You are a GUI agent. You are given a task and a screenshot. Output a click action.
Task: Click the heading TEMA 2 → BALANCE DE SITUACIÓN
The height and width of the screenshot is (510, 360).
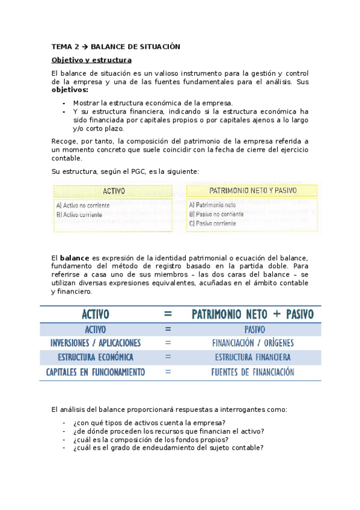point(116,46)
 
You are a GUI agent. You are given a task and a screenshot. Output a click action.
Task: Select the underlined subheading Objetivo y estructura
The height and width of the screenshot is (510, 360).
point(91,60)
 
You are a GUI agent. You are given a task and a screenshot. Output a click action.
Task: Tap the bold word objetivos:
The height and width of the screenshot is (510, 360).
point(70,90)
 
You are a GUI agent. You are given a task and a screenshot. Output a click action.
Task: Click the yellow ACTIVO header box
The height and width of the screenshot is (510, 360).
point(114,191)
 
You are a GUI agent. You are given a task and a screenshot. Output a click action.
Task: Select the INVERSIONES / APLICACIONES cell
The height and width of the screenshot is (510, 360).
point(96,343)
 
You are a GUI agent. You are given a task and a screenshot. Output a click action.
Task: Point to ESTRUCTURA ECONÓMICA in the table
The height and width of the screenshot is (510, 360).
point(96,357)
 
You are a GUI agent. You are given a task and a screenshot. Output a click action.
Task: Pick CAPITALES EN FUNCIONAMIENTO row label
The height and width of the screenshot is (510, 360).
point(96,372)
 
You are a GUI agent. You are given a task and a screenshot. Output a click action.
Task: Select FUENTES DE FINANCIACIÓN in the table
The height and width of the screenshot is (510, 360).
point(252,372)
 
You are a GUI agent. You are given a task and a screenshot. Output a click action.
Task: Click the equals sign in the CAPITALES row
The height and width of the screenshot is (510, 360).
point(168,372)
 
